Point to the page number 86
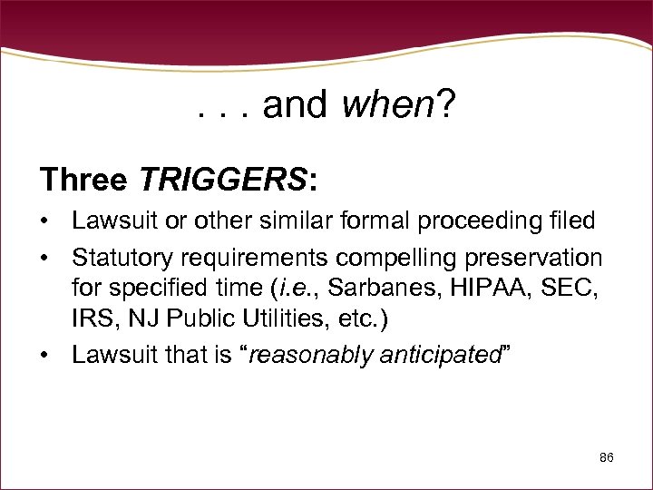click(607, 458)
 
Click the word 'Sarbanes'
click(371, 289)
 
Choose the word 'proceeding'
click(490, 220)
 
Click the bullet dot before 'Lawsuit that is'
click(45, 355)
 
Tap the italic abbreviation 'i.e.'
click(296, 289)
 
